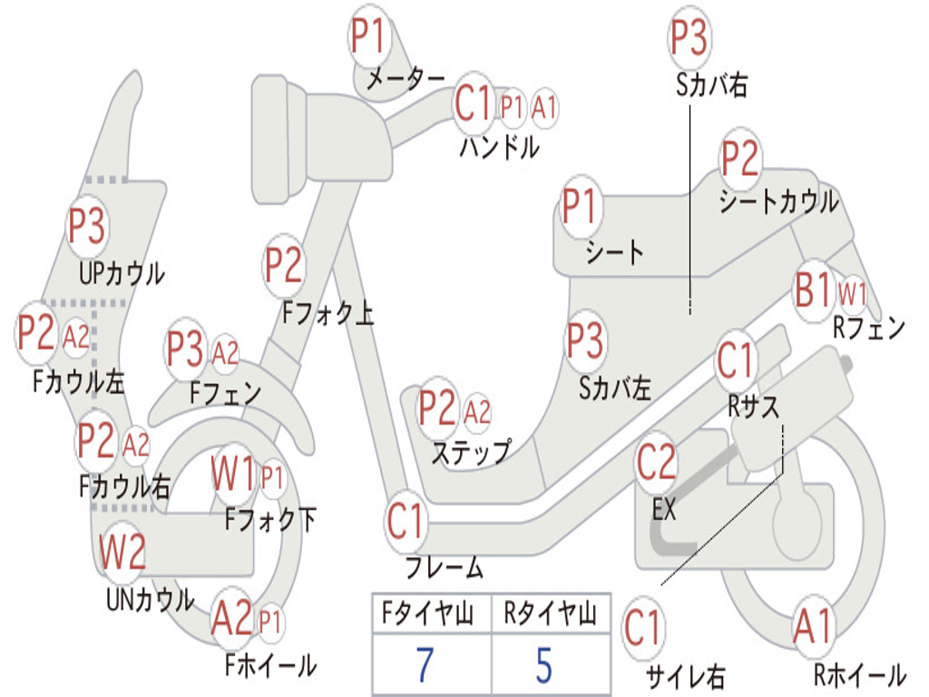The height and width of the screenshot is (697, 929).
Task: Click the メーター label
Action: tap(405, 80)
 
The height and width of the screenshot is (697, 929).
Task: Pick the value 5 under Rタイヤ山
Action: tap(543, 665)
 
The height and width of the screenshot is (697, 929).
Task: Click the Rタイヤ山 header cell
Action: tap(550, 615)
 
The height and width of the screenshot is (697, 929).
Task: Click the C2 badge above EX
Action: tap(657, 464)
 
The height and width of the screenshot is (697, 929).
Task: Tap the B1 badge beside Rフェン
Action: tap(813, 291)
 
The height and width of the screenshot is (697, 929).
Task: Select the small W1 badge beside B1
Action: tap(852, 293)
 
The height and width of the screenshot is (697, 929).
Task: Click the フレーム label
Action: tap(444, 568)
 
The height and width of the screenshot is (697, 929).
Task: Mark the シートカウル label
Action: tap(778, 201)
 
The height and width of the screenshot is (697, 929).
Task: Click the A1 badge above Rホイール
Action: tap(812, 627)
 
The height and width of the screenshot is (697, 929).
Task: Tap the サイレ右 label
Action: tap(685, 675)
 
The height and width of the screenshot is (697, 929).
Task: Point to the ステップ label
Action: tap(470, 452)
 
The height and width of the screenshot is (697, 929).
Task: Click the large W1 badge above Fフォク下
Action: tap(233, 474)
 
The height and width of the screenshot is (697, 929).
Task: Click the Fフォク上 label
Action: tap(328, 314)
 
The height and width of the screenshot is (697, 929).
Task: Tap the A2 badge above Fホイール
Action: tap(231, 620)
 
